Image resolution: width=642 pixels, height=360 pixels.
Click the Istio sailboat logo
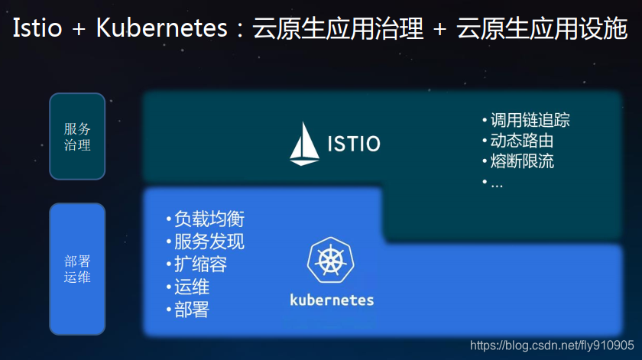click(304, 144)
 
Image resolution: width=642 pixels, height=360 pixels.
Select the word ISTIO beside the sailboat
click(354, 144)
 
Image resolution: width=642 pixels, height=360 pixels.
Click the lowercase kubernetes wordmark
click(332, 299)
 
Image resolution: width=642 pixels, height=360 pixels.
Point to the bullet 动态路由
click(521, 141)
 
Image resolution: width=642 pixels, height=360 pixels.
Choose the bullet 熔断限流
click(521, 161)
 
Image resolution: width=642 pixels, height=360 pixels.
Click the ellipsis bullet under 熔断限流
click(496, 183)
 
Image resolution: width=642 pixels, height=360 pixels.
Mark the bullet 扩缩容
click(200, 264)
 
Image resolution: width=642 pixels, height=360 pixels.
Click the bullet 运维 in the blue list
click(191, 287)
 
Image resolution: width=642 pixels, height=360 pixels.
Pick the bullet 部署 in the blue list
click(191, 310)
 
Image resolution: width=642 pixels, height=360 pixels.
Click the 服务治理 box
click(77, 137)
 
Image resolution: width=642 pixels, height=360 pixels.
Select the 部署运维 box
click(77, 269)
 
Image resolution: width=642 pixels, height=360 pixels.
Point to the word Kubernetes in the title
click(162, 29)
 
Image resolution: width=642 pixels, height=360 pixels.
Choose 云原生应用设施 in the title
click(541, 29)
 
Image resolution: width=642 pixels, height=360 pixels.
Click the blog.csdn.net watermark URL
click(551, 345)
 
